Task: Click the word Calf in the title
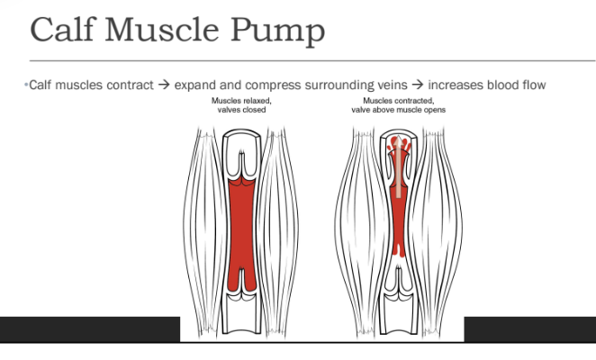click(x=62, y=29)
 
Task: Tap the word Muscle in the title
click(x=161, y=29)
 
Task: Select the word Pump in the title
click(x=278, y=31)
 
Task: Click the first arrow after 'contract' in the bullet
click(x=164, y=85)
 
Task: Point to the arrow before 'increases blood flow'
click(x=418, y=85)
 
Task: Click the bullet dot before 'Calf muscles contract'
click(x=26, y=85)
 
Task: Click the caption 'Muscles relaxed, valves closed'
click(x=241, y=105)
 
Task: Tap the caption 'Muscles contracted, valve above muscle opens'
click(x=398, y=105)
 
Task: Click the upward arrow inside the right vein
click(x=398, y=166)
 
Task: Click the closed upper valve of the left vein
click(x=241, y=166)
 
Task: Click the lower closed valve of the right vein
click(x=399, y=282)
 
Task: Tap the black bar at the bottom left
click(x=90, y=329)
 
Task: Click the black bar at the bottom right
click(x=530, y=329)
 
